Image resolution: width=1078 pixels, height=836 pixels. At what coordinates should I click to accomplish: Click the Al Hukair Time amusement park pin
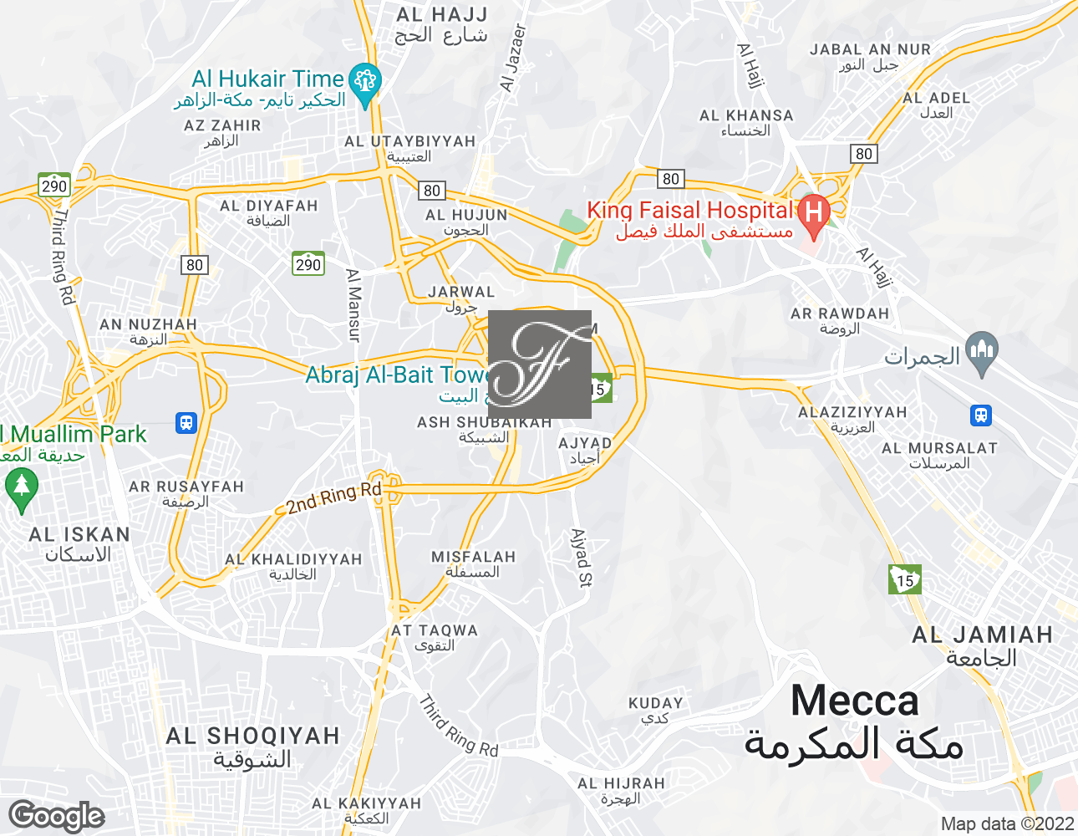364,82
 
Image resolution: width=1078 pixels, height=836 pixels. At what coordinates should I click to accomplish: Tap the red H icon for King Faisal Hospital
813,212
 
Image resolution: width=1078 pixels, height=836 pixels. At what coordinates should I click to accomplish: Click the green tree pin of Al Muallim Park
21,487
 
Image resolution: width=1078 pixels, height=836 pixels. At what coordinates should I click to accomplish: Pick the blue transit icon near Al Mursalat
980,415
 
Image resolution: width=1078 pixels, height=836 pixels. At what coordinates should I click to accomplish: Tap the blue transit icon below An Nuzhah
186,423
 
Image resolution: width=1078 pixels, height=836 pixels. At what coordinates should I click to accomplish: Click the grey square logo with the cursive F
539,364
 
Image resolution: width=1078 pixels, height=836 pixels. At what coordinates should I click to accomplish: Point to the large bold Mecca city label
854,701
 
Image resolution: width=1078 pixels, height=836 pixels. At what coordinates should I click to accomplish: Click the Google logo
57,816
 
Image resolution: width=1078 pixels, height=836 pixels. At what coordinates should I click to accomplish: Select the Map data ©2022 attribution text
1006,824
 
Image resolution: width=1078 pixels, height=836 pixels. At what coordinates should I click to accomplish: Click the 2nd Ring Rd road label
333,498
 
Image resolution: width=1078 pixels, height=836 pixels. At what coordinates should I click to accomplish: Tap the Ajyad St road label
581,557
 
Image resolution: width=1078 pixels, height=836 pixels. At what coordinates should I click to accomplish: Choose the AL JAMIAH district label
982,635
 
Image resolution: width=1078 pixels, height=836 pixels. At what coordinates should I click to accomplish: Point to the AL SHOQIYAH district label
252,737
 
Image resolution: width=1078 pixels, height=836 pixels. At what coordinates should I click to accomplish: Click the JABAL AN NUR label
870,50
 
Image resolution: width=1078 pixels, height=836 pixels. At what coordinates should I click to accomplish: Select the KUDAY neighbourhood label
656,704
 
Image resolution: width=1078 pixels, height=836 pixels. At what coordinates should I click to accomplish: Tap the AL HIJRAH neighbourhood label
621,784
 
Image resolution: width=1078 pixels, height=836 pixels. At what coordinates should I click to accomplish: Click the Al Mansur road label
353,304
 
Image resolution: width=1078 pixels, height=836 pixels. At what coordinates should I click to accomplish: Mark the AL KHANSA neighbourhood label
746,116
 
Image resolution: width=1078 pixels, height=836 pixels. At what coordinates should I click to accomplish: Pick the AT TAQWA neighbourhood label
435,631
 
